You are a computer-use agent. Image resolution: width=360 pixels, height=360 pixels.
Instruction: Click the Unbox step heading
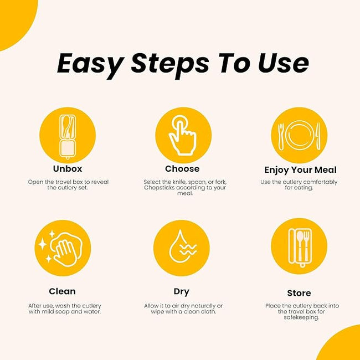[x=68, y=169]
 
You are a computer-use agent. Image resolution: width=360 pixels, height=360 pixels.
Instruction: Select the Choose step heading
[x=182, y=169]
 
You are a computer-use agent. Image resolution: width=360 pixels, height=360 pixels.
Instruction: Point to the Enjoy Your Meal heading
[x=301, y=170]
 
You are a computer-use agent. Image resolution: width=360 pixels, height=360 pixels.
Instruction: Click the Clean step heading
[x=62, y=291]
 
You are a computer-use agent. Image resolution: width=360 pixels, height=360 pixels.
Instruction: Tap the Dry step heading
[x=181, y=292]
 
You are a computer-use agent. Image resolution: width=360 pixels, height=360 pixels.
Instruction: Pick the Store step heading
[x=299, y=293]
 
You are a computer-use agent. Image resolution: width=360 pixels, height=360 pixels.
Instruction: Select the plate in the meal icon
[x=300, y=135]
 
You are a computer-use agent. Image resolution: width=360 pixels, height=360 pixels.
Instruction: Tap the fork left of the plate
[x=281, y=137]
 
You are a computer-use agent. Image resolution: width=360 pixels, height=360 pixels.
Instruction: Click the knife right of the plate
[x=318, y=136]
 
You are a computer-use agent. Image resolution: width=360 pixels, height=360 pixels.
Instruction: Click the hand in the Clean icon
[x=66, y=254]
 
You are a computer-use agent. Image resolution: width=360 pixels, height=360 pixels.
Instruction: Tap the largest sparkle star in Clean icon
[x=43, y=244]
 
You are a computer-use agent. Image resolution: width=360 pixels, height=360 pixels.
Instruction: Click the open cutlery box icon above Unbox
[x=67, y=137]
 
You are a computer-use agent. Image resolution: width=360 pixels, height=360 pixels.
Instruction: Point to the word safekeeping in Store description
[x=301, y=317]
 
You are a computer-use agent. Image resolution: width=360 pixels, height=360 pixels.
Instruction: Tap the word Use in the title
[x=284, y=63]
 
